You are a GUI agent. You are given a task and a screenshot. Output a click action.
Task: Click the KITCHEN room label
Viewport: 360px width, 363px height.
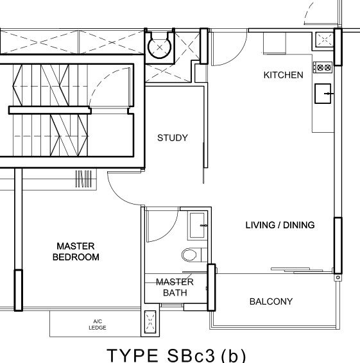click(284, 75)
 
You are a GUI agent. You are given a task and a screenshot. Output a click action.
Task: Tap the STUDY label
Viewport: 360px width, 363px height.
click(173, 138)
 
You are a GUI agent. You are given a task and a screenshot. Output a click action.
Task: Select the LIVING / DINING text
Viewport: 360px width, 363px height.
click(280, 225)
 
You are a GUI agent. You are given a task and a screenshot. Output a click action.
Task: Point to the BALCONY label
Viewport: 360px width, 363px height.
click(271, 301)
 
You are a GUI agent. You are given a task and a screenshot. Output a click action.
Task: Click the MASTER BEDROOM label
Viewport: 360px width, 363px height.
click(76, 251)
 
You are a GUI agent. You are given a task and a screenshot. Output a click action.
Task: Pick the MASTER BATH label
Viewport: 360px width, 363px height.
click(175, 287)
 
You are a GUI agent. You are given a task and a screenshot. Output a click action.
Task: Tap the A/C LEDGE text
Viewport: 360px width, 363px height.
click(98, 325)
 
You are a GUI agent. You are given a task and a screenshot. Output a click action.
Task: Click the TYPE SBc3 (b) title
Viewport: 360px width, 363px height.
click(176, 355)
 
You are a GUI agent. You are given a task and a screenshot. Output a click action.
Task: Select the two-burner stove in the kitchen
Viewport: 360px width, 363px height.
click(323, 67)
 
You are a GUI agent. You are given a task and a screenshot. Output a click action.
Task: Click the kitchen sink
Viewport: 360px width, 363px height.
click(323, 94)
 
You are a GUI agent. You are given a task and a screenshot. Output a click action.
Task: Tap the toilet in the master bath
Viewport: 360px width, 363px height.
click(192, 255)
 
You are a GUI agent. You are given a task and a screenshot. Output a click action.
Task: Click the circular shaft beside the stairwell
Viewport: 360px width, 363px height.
click(159, 47)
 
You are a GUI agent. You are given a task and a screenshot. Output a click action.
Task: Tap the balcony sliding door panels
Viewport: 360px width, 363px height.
click(297, 271)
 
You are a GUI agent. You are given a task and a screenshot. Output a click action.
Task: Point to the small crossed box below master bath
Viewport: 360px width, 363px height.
click(150, 322)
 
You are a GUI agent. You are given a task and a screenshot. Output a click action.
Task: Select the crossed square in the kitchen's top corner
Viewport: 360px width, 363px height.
click(325, 39)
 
